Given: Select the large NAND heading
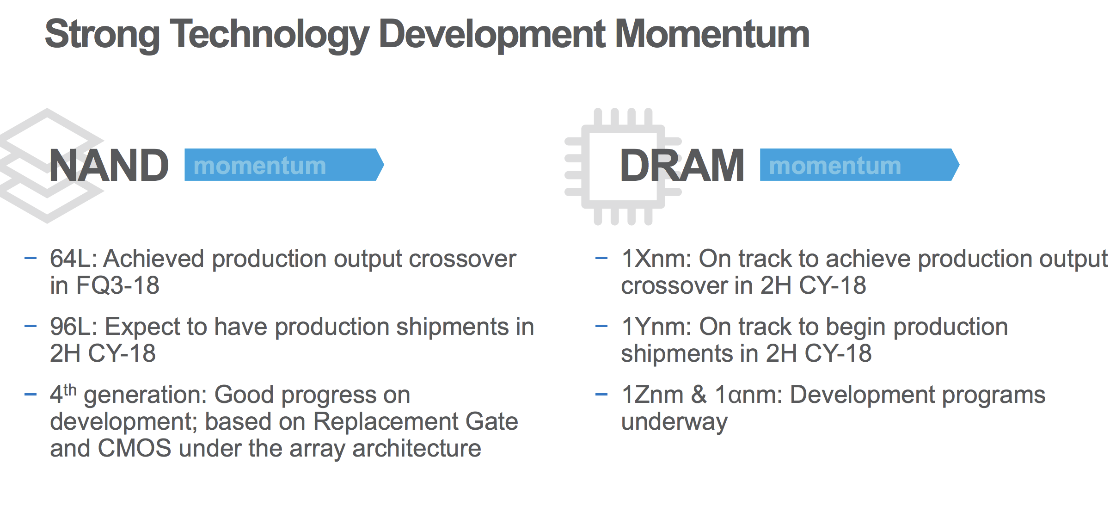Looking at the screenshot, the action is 109,165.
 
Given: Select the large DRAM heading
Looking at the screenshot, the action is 682,165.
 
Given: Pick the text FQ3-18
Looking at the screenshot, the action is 118,285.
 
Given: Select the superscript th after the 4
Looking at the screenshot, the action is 70,389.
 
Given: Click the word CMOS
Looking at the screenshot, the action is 135,448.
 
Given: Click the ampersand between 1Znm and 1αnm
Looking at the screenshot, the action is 699,395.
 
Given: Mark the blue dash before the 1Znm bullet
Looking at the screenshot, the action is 601,395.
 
